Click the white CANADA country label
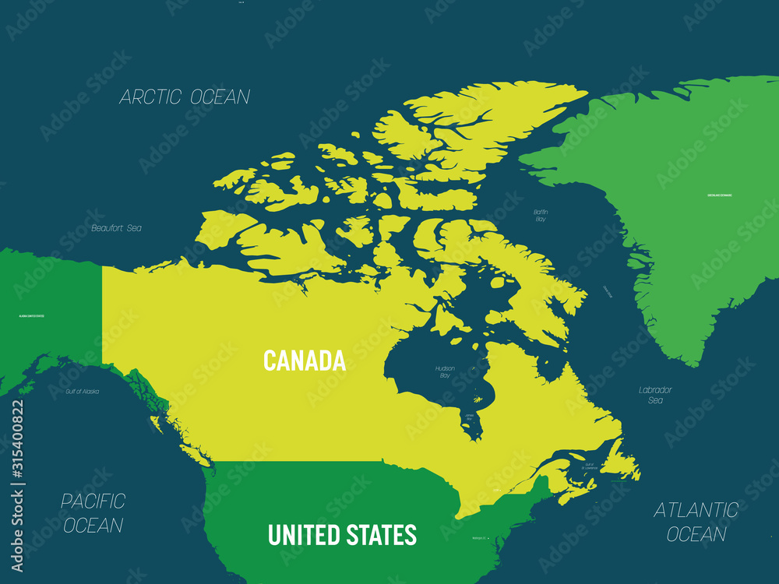pos(304,361)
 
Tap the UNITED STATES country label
pos(342,535)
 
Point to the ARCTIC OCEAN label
pos(185,97)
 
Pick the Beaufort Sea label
pos(117,228)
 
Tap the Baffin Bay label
pos(541,216)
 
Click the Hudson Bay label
pos(444,371)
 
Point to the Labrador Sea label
pos(655,395)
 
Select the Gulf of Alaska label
pos(82,391)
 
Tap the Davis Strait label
pos(607,292)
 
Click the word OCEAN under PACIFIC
pos(93,526)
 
